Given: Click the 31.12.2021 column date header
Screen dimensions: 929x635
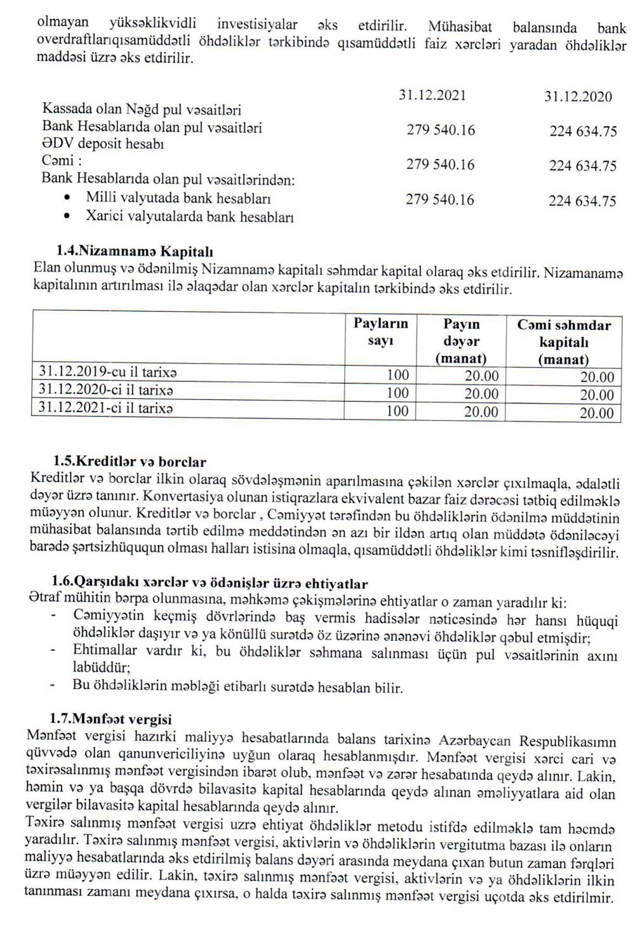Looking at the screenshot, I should coord(432,95).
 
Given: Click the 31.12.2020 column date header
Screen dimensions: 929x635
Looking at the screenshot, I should coord(578,96).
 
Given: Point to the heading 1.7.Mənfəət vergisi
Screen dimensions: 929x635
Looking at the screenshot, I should coord(111,720).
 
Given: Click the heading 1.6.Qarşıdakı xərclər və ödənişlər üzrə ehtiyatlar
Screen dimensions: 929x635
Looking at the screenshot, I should coord(210,583).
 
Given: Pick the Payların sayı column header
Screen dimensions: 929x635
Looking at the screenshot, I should coord(380,333).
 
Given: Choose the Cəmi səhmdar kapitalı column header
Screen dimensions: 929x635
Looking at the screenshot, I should coord(564,342).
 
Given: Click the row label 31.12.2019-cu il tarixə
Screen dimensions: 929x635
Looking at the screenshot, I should coord(107,372).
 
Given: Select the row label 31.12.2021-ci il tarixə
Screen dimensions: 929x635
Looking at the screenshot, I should coord(106,408).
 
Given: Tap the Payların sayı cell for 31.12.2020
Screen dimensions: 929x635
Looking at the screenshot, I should coord(398,393).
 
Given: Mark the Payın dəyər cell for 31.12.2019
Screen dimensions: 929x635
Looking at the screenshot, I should coord(481,376).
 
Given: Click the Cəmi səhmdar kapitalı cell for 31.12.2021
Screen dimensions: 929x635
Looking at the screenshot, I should coord(597,413).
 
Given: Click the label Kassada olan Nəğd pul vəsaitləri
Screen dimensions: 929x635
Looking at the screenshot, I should coord(142,109).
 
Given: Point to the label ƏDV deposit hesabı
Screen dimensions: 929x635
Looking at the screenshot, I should coord(103,143).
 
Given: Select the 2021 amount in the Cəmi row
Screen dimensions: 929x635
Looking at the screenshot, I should coord(440,165).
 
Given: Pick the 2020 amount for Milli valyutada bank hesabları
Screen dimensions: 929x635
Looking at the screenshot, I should coord(582,201).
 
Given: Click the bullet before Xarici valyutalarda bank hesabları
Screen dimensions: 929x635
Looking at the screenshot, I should coord(68,216).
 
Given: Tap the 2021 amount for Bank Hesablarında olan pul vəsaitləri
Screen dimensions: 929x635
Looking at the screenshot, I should coord(440,130).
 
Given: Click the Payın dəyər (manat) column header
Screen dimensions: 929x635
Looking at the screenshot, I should coord(461,341).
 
